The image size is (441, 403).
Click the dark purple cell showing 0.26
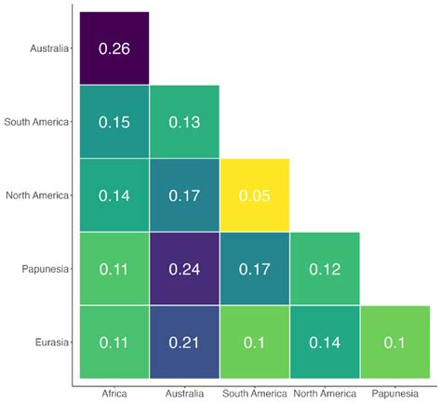coord(114,48)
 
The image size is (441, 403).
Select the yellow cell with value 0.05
coord(254,195)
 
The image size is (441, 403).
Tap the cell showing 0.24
coord(184,269)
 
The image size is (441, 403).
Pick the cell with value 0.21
coord(184,342)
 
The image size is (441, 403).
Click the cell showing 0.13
coord(184,122)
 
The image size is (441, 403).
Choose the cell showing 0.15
coord(114,122)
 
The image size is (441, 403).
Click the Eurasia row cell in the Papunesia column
coord(394,342)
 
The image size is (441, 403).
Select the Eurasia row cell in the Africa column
coord(114,342)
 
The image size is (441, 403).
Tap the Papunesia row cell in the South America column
coord(254,269)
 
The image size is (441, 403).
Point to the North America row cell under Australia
coord(184,195)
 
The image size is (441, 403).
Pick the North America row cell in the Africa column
coord(114,195)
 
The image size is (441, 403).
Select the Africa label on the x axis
coord(114,394)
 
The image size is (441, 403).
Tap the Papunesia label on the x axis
coord(394,394)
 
